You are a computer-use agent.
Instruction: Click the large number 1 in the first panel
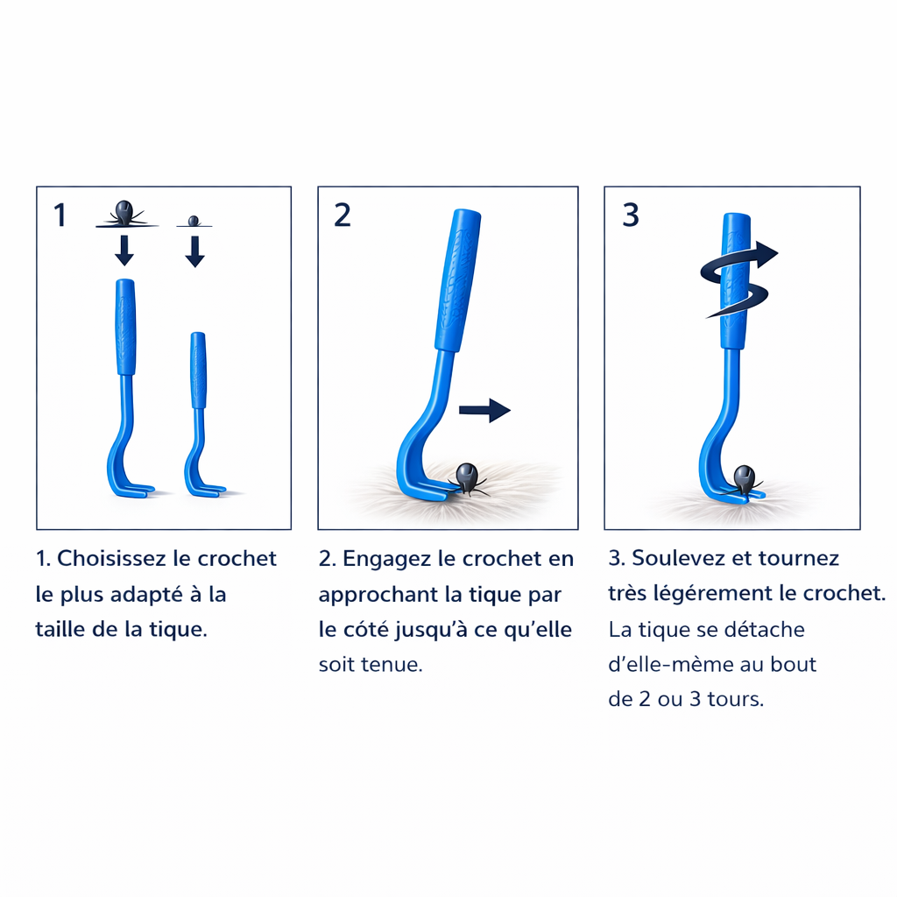point(60,215)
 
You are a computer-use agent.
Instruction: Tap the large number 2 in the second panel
point(343,215)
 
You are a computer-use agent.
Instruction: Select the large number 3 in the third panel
point(631,215)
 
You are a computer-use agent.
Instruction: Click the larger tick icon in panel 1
point(124,214)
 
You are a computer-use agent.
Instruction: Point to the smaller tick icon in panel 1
point(194,221)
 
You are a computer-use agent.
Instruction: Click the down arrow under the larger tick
point(124,251)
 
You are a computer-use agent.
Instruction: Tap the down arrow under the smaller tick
point(195,251)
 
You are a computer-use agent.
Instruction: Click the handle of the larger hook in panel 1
point(126,327)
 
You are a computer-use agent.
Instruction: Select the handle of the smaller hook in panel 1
point(199,371)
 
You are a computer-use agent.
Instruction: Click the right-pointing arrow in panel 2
point(484,410)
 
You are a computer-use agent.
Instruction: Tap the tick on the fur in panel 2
point(467,479)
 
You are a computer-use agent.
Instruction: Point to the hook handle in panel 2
point(457,280)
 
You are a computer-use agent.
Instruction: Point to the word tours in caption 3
point(735,699)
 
